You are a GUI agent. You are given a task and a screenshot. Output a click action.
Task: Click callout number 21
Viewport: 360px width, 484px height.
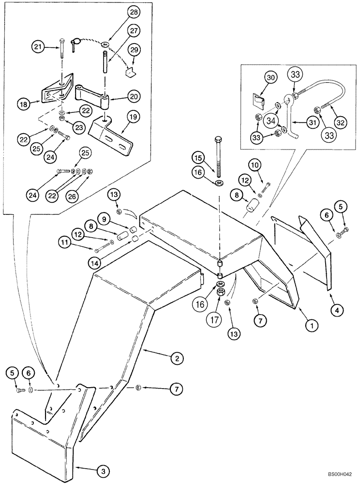click(x=38, y=47)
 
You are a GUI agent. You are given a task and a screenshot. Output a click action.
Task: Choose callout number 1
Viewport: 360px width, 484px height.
click(x=312, y=327)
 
